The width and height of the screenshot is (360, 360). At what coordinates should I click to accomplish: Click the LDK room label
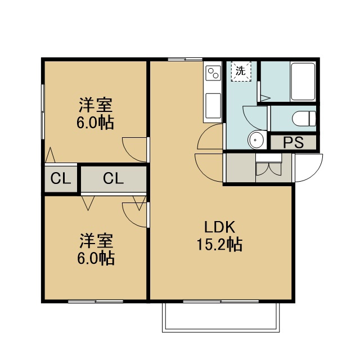pyautogui.click(x=220, y=227)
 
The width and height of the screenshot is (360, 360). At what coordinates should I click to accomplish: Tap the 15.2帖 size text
pyautogui.click(x=219, y=244)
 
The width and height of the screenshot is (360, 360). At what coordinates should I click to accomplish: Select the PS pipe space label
pyautogui.click(x=294, y=142)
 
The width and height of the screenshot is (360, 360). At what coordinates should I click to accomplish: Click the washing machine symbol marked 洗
pyautogui.click(x=241, y=71)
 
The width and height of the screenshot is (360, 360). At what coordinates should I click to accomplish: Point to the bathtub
pyautogui.click(x=303, y=81)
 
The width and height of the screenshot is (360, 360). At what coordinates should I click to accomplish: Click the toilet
pyautogui.click(x=304, y=119)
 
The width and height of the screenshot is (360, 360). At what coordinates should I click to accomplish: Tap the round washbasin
pyautogui.click(x=256, y=139)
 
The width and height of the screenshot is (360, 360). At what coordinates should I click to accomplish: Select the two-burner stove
pyautogui.click(x=213, y=73)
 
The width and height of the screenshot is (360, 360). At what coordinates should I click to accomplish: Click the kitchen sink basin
pyautogui.click(x=213, y=106)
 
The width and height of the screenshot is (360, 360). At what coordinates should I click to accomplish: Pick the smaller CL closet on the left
pyautogui.click(x=61, y=179)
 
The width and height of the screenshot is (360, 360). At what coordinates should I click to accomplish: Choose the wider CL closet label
pyautogui.click(x=114, y=178)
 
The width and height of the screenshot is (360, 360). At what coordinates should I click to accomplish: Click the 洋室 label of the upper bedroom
pyautogui.click(x=96, y=105)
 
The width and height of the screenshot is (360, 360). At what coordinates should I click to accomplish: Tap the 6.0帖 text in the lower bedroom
pyautogui.click(x=96, y=258)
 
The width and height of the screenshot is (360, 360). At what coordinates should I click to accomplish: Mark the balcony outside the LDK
pyautogui.click(x=221, y=317)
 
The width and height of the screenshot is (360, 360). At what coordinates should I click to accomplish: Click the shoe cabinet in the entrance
pyautogui.click(x=269, y=168)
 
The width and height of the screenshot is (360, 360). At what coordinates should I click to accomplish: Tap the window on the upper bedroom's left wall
pyautogui.click(x=43, y=112)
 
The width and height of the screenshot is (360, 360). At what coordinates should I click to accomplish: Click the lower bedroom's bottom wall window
pyautogui.click(x=96, y=301)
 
